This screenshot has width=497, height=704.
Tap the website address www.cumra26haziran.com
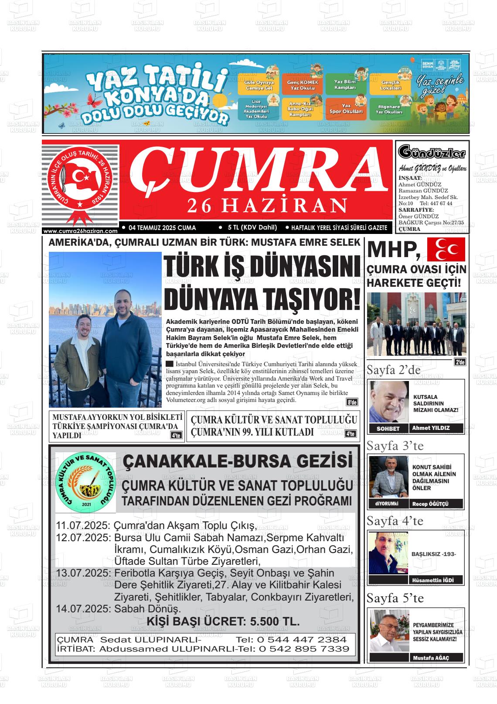pyautogui.click(x=81, y=231)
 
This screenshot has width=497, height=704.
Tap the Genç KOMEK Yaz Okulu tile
pyautogui.click(x=303, y=85)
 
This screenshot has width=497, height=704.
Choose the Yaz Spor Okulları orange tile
pyautogui.click(x=346, y=109)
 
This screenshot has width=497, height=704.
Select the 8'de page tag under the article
pyautogui.click(x=352, y=402)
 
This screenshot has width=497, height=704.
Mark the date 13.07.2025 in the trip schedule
pyautogui.click(x=82, y=573)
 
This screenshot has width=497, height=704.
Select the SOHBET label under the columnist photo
pyautogui.click(x=388, y=429)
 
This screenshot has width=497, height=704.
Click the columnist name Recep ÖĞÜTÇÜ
pyautogui.click(x=430, y=504)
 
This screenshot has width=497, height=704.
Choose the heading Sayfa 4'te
pyautogui.click(x=395, y=521)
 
